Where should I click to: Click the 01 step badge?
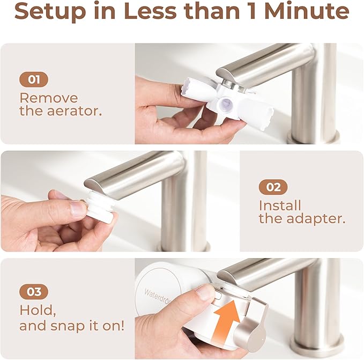(x=33, y=80)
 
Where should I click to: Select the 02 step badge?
(x=273, y=187)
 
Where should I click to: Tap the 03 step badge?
(x=33, y=292)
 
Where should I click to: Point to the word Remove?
(x=48, y=98)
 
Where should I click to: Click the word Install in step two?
(x=280, y=205)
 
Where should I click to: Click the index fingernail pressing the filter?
(x=206, y=292)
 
